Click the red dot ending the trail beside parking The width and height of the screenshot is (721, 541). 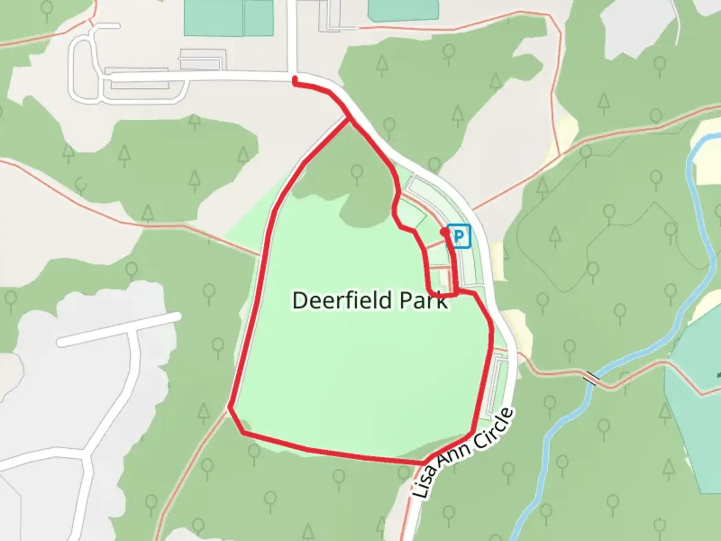coord(445,232)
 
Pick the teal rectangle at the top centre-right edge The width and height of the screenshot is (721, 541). coord(403,10)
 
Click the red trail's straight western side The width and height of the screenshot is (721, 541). coord(255,301)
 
